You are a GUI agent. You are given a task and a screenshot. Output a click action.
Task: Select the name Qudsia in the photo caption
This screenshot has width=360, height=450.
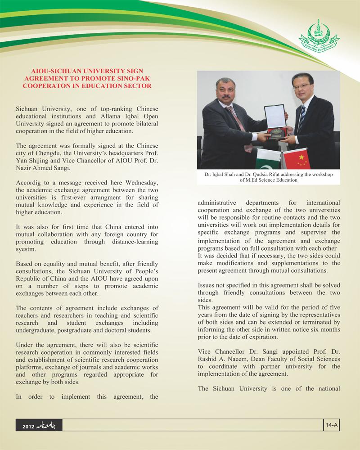coord(273,175)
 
